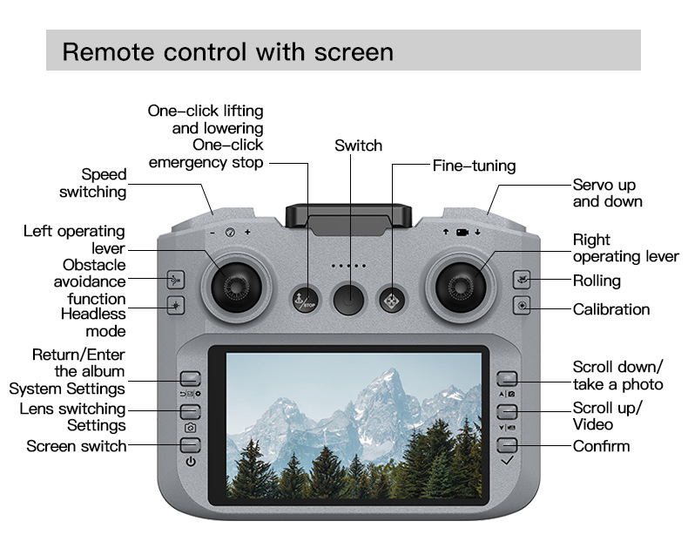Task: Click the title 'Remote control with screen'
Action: [227, 51]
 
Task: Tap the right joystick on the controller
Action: [459, 281]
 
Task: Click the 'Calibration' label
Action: [610, 309]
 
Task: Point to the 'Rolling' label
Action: [597, 281]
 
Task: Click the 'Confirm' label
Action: [601, 446]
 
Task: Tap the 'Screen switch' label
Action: [76, 446]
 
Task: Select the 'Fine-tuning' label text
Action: [474, 166]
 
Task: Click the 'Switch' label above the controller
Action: [358, 146]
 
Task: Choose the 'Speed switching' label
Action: [92, 183]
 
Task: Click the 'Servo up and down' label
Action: [607, 193]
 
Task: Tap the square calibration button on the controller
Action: [522, 306]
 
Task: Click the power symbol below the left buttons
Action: [191, 461]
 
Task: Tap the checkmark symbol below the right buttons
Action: [508, 459]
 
